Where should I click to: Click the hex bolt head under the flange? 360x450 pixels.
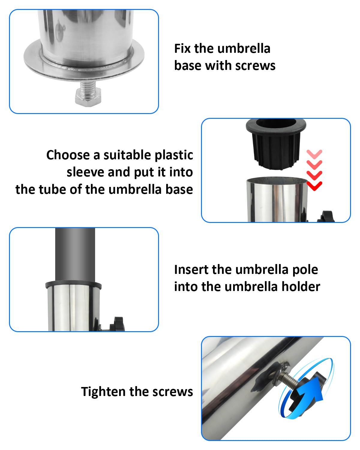[88, 97]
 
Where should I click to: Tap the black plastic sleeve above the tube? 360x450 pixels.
[276, 144]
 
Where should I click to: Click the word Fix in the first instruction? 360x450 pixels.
[182, 49]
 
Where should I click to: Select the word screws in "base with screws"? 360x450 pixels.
[255, 66]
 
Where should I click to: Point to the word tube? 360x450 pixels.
[51, 190]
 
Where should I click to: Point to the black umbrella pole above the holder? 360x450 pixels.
[75, 255]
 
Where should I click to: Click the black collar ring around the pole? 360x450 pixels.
[73, 285]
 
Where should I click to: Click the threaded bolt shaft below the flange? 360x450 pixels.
[88, 86]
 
